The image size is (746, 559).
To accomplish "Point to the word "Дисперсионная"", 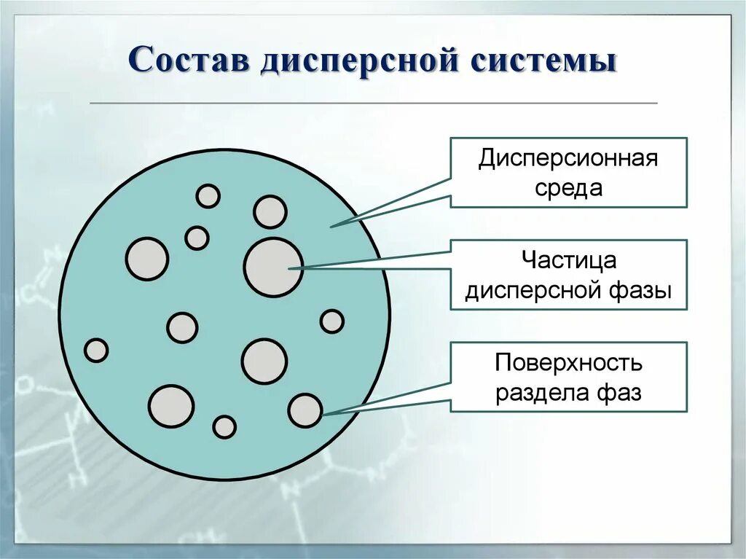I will click(x=568, y=159).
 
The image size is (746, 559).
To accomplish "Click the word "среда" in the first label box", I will click(x=568, y=187).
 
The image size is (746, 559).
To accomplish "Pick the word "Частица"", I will click(x=568, y=260).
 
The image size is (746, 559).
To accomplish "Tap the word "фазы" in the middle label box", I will click(x=639, y=290).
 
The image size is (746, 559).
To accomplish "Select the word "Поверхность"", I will click(x=568, y=362).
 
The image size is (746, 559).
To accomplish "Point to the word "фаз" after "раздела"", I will click(x=620, y=393).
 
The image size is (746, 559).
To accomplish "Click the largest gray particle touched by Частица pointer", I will click(x=272, y=267).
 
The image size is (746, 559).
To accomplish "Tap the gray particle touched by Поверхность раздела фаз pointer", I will click(x=305, y=410).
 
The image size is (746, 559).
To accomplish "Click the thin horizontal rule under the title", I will click(x=373, y=103).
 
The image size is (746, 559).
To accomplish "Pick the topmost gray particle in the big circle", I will click(x=208, y=196).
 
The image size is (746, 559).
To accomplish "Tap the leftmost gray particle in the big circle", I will click(x=96, y=351).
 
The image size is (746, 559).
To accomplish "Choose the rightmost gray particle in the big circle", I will click(x=331, y=321).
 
